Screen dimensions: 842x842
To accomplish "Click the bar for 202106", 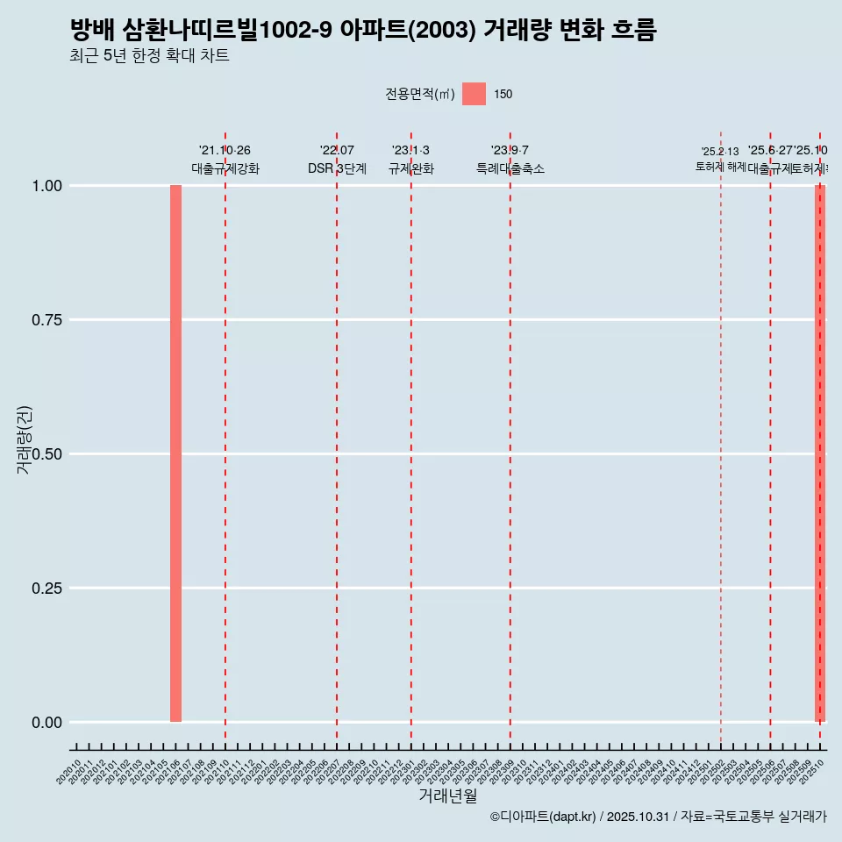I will click(x=175, y=453).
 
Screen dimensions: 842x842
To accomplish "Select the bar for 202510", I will click(x=820, y=453).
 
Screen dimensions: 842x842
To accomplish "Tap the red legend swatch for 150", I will click(x=474, y=94).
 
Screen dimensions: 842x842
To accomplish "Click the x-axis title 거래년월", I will click(x=447, y=796).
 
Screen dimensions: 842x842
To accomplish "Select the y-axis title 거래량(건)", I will click(x=25, y=439).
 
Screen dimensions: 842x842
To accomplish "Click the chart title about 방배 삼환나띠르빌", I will click(x=363, y=30).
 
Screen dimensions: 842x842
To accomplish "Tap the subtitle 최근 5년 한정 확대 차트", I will click(x=149, y=56).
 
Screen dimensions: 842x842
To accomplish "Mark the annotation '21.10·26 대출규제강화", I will click(x=225, y=160).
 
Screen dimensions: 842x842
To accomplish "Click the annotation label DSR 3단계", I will click(x=337, y=168).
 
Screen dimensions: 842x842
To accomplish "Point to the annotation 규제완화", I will click(x=411, y=168).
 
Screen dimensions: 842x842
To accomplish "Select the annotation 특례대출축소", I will click(x=510, y=168).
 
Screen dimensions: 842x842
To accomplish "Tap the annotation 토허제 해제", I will click(x=720, y=166).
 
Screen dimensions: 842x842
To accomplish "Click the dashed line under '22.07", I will click(x=337, y=439).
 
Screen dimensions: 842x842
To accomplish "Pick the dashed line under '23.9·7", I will click(x=510, y=439).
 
